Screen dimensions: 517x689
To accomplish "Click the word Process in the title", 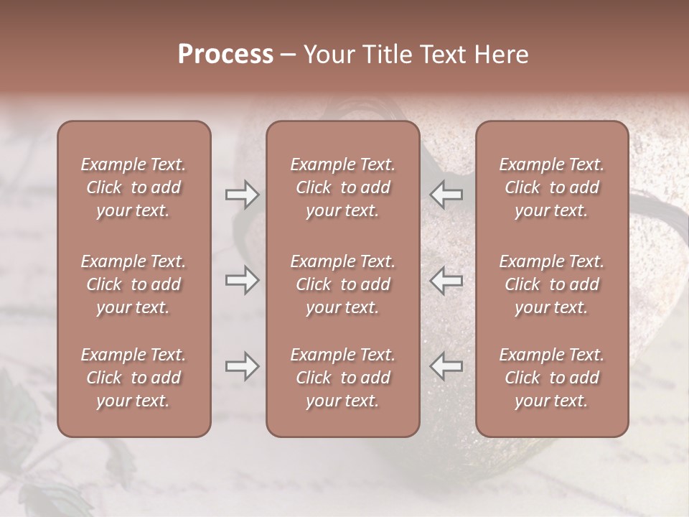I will pyautogui.click(x=225, y=55).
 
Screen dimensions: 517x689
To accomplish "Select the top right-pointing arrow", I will pyautogui.click(x=243, y=195).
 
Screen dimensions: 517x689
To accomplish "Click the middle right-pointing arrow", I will pyautogui.click(x=243, y=280).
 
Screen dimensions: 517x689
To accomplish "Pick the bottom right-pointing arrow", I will pyautogui.click(x=243, y=366).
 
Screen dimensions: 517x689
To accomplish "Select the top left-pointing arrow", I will pyautogui.click(x=446, y=195).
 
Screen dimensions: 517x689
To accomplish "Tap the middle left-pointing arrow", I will pyautogui.click(x=446, y=280).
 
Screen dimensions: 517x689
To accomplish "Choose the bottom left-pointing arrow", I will pyautogui.click(x=446, y=366).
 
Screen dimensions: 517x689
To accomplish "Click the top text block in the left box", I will pyautogui.click(x=133, y=187).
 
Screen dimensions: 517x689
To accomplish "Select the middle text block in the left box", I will pyautogui.click(x=133, y=284).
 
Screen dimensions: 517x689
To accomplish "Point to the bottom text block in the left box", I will pyautogui.click(x=133, y=378).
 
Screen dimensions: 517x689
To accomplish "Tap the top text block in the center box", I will pyautogui.click(x=343, y=187).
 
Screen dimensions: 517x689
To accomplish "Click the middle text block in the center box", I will pyautogui.click(x=343, y=284).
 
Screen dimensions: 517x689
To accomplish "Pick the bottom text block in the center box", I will pyautogui.click(x=343, y=378).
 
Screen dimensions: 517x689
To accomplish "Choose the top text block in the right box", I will pyautogui.click(x=552, y=187).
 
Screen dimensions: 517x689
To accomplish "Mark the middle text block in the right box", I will pyautogui.click(x=552, y=284).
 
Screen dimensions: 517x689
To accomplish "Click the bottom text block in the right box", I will pyautogui.click(x=552, y=378).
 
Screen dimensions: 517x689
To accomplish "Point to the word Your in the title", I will pyautogui.click(x=327, y=55).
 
